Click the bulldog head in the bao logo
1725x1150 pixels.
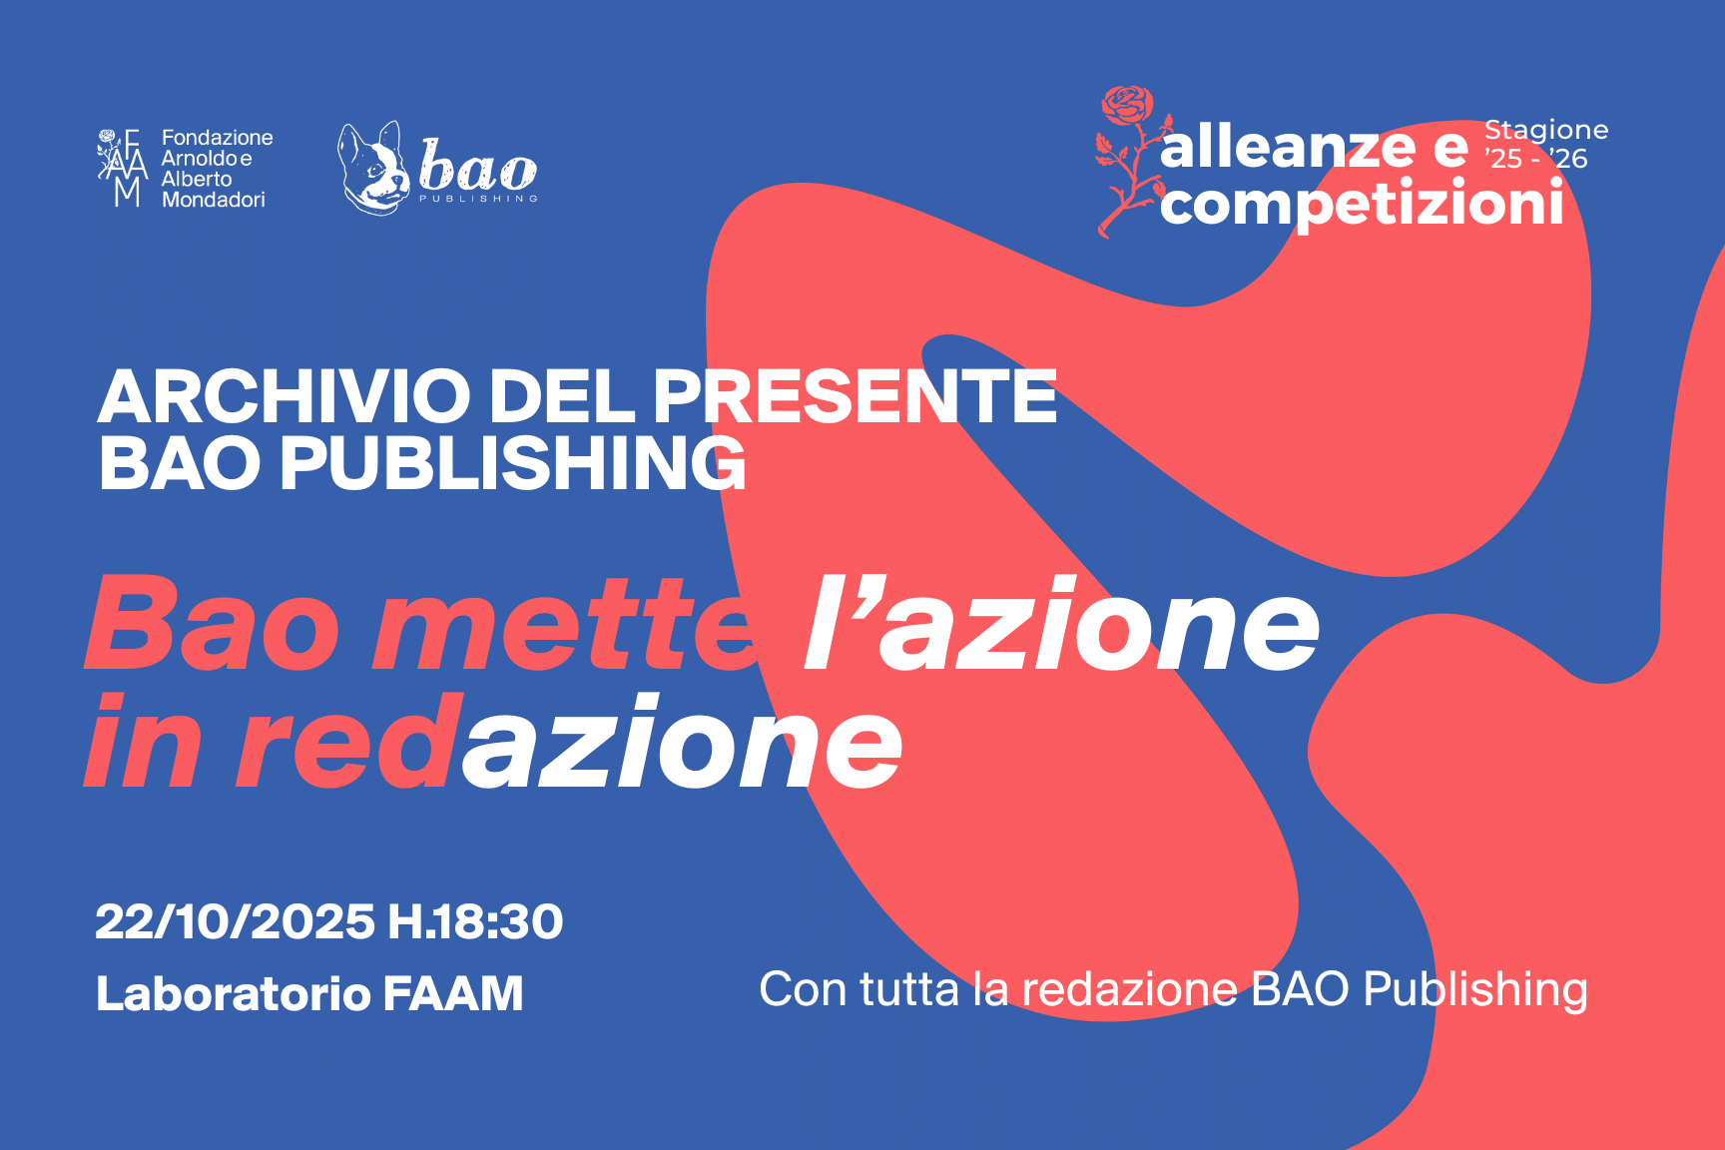(x=374, y=168)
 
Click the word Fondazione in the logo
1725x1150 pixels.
(x=218, y=138)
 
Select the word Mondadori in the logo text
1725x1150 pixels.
(x=214, y=200)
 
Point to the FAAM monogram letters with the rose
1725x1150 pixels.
(x=123, y=167)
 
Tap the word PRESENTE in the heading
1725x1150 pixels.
(x=856, y=396)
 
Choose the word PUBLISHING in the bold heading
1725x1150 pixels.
(x=513, y=463)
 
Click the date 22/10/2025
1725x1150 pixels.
(x=236, y=921)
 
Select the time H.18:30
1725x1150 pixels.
(x=476, y=921)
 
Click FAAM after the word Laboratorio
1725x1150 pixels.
(x=453, y=993)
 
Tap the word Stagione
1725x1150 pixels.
(x=1546, y=131)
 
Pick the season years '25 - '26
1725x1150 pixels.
(x=1536, y=158)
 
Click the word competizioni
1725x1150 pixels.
(x=1362, y=205)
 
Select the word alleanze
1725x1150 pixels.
(x=1288, y=148)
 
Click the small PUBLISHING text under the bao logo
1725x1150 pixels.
(x=478, y=199)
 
